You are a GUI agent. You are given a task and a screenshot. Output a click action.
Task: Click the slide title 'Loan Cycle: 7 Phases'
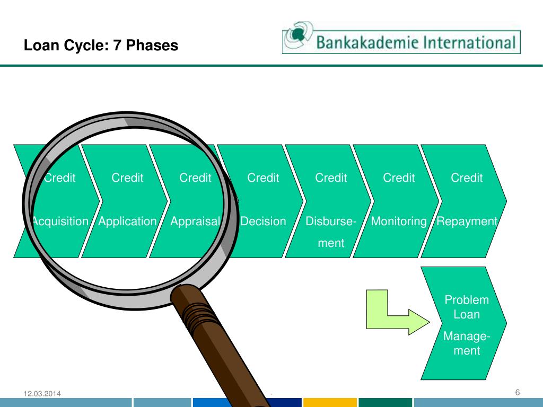coord(101,46)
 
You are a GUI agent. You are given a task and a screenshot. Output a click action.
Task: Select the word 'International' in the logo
coord(467,42)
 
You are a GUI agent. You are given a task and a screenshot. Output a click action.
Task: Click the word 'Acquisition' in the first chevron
coord(59,222)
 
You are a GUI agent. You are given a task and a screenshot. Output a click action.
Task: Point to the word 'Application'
coord(127,222)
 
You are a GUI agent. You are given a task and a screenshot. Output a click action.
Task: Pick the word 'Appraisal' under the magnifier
coord(195,222)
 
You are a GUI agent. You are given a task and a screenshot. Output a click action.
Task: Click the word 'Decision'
coord(263,222)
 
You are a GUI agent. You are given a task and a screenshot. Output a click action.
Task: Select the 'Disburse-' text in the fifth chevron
coord(331,222)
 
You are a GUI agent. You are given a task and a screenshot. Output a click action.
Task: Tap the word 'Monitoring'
coord(399,222)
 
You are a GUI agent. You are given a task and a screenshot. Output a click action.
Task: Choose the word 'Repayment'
coord(467,222)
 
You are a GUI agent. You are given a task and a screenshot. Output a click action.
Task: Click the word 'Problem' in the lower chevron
coord(467,300)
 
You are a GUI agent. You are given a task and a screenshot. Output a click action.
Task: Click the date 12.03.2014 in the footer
coord(42,393)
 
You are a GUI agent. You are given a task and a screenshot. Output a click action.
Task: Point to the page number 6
coord(517,392)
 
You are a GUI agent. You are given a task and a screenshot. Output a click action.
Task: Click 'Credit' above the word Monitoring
coord(399,178)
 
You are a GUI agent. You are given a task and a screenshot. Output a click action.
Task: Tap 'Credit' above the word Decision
coord(263,178)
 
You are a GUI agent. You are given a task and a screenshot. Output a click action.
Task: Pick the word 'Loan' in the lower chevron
coord(467,315)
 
